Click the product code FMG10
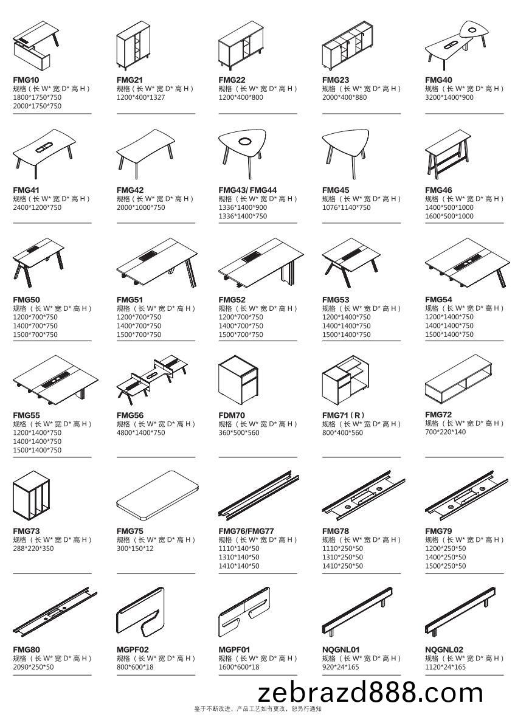(x=26, y=80)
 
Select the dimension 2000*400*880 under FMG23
(x=344, y=97)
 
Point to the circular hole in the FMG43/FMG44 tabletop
(x=245, y=142)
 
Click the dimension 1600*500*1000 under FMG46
(x=449, y=216)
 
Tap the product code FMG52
(x=232, y=300)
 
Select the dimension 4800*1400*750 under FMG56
(x=140, y=433)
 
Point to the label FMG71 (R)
(x=343, y=415)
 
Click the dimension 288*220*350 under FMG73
(x=33, y=549)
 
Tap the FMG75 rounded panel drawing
(x=157, y=496)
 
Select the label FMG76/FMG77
(x=246, y=531)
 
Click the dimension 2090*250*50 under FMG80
(x=33, y=667)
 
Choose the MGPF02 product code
(x=133, y=649)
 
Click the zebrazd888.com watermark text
(x=370, y=693)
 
